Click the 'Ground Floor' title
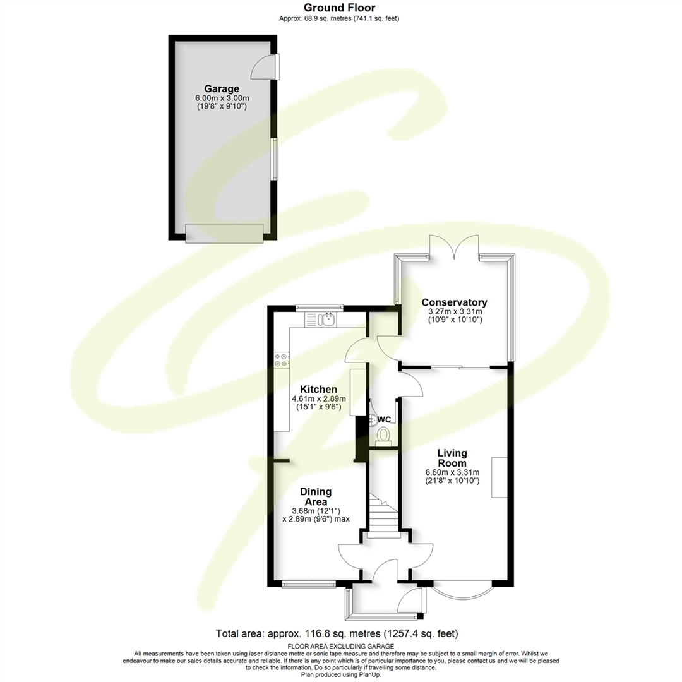(x=340, y=8)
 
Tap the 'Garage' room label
(x=221, y=88)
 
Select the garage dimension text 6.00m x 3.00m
(x=221, y=99)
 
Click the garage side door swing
(x=263, y=68)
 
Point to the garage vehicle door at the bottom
(x=224, y=233)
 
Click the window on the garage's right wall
(x=274, y=159)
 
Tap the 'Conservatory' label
(x=455, y=302)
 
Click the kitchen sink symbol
(x=327, y=320)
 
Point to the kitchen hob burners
(x=281, y=360)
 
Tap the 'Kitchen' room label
(x=318, y=389)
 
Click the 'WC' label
(x=385, y=419)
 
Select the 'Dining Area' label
(x=316, y=496)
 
